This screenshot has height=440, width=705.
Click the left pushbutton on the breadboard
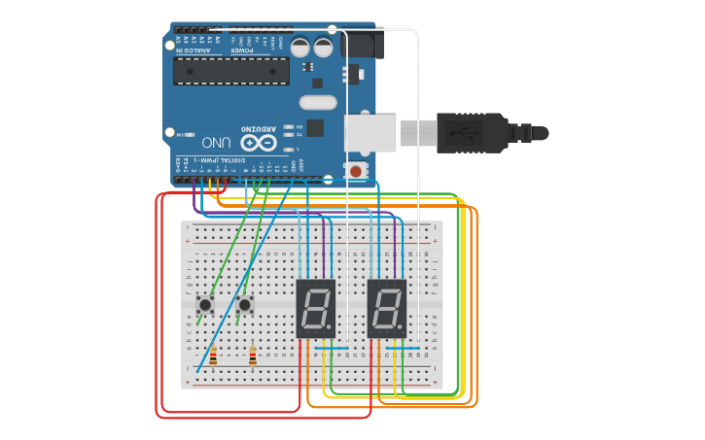[x=206, y=305]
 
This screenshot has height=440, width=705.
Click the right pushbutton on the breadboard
[x=245, y=305]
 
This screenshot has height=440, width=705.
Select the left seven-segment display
[x=315, y=308]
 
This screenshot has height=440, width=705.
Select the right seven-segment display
[x=386, y=308]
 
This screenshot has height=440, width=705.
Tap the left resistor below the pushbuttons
[x=214, y=357]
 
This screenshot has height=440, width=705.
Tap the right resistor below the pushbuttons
[x=253, y=357]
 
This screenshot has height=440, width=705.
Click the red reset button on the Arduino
[x=356, y=171]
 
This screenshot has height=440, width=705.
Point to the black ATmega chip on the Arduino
[x=231, y=71]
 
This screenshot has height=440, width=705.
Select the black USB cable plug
[x=472, y=132]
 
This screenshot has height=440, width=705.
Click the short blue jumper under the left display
[x=331, y=347]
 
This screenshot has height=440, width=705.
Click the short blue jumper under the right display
[x=403, y=347]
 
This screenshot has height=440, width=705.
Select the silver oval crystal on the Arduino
[x=317, y=102]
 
